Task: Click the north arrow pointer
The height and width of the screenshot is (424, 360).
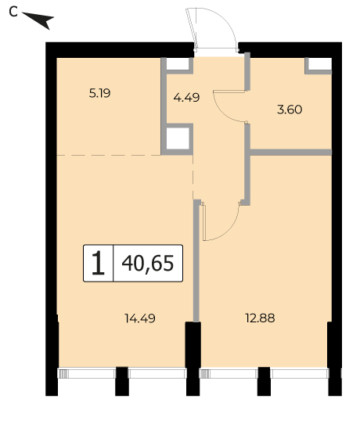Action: pos(40,20)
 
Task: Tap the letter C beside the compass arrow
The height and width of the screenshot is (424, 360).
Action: pos(13,12)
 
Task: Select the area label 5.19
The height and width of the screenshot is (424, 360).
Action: pos(99,94)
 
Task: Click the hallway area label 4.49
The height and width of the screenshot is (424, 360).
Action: pos(186,97)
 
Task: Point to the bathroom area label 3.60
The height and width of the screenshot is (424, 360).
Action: pos(290,110)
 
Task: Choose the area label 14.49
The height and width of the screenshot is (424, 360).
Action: pos(140,318)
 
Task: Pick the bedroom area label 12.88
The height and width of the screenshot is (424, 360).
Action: pos(260,318)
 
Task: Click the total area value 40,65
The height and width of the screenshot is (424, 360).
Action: pos(148,264)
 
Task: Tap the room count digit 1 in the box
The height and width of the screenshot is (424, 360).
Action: pos(98,263)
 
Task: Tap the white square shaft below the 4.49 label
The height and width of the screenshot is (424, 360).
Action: pos(178,138)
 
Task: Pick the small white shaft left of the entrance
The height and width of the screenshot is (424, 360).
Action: pos(178,64)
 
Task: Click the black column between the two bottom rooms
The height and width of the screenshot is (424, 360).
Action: pos(193,358)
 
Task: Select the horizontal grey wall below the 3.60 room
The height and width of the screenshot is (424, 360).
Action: pos(291,152)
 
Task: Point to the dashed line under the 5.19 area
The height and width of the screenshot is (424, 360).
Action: pos(109,155)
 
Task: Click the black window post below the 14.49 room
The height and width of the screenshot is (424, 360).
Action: pos(122,382)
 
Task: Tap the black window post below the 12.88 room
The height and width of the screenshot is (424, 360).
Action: pos(264,382)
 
